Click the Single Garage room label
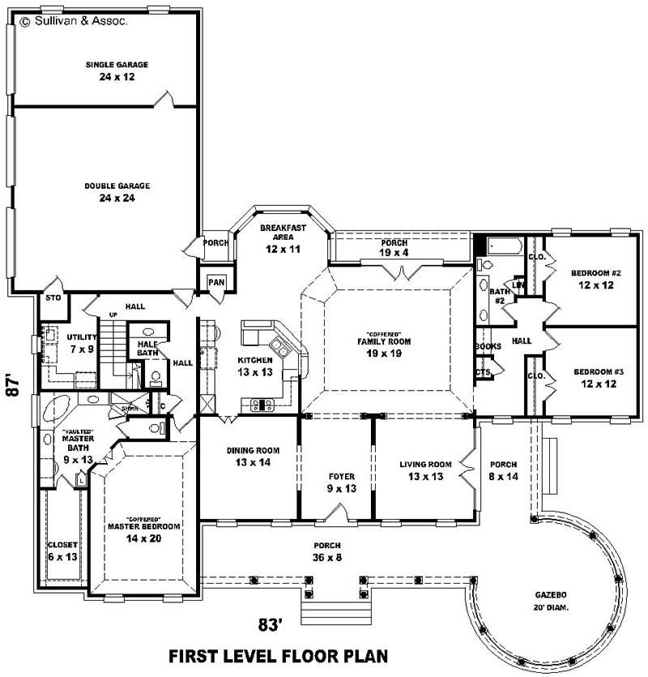[117, 70]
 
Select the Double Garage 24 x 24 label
[117, 191]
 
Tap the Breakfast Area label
[281, 238]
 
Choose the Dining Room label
[249, 456]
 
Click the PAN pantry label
[215, 281]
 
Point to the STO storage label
[53, 298]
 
